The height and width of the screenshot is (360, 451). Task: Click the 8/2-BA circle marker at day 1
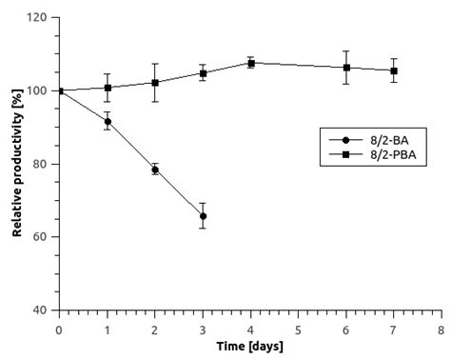108,122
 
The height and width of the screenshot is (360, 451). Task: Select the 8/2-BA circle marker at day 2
155,170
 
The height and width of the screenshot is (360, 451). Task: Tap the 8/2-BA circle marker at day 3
203,216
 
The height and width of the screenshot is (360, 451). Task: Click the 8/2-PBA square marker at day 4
250,63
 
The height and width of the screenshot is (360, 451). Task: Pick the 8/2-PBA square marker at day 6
346,68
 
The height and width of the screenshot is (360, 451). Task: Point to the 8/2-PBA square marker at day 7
394,70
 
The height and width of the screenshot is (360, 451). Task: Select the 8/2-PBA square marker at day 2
155,83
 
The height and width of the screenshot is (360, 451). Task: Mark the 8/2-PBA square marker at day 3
203,73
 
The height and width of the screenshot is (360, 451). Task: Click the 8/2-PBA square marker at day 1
108,88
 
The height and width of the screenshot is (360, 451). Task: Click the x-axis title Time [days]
250,346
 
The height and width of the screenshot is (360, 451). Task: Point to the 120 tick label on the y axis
38,18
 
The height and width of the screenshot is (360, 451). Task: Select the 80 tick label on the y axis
41,164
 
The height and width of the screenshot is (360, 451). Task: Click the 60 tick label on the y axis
41,237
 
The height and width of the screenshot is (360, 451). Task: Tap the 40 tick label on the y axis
41,310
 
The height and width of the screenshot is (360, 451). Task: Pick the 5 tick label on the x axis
298,329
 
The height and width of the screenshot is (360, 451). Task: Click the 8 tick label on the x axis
441,329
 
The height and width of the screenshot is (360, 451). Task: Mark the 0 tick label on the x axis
59,329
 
